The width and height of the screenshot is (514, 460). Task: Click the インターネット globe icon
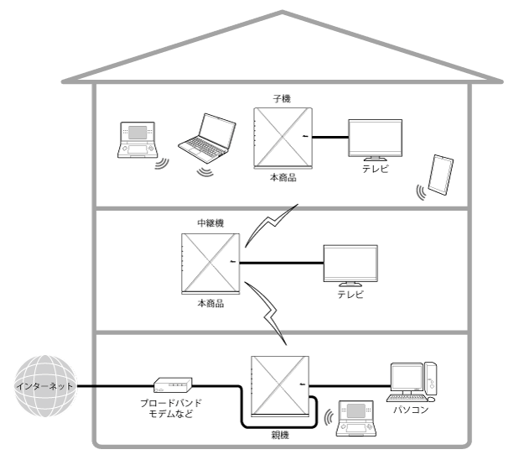[x=42, y=387]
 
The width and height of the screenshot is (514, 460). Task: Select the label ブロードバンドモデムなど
[x=174, y=409]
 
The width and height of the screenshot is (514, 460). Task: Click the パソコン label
[x=411, y=412]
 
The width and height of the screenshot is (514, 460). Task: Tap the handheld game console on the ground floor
[x=353, y=417]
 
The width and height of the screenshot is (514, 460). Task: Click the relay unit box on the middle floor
[x=210, y=264]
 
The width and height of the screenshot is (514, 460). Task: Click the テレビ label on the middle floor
[x=350, y=295]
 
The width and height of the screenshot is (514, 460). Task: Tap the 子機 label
[x=283, y=98]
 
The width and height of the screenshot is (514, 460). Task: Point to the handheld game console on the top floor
[x=138, y=139]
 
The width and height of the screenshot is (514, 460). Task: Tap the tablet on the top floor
[x=442, y=175]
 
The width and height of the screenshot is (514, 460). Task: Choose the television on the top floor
[x=374, y=138]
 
